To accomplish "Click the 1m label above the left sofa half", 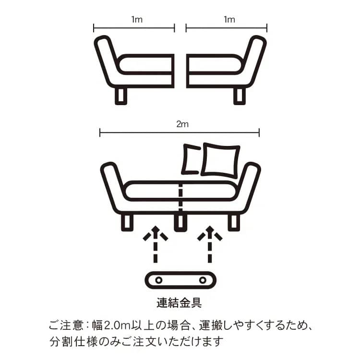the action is tap(137, 20).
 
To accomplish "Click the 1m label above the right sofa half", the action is tap(229, 20).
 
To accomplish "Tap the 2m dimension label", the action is tap(182, 124).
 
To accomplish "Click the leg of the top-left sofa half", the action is tap(121, 96).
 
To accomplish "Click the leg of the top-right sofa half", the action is tap(240, 96).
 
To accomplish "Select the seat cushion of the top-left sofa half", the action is tap(145, 64).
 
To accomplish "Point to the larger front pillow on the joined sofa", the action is tap(220, 160).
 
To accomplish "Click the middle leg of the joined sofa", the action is tap(180, 223).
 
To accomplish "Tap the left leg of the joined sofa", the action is tap(127, 223).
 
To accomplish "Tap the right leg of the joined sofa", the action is tap(234, 223).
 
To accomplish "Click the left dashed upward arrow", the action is tap(156, 244).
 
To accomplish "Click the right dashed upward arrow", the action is tap(210, 244).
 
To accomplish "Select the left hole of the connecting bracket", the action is tap(158, 280).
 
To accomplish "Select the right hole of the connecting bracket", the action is tap(203, 280).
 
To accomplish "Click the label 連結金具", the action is tap(180, 302).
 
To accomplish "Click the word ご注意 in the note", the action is tap(66, 325).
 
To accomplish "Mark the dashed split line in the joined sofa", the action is tap(180, 197).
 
